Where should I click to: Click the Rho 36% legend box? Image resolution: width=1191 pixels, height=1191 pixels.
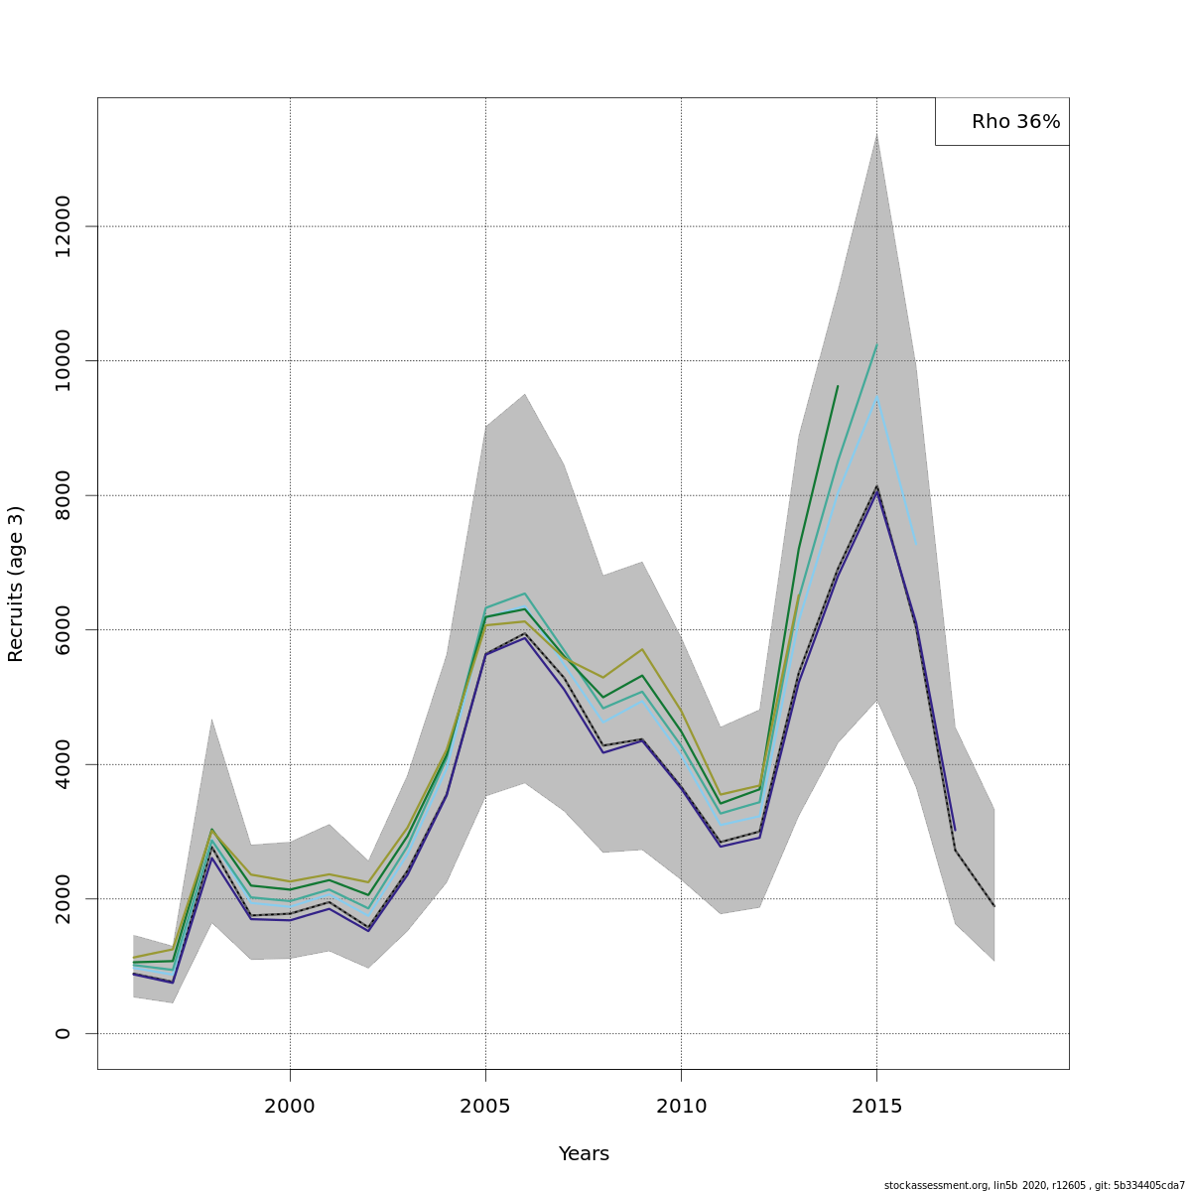1002,121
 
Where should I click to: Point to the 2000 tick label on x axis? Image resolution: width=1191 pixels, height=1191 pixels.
290,1106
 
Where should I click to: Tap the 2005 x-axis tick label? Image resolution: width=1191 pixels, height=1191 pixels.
485,1106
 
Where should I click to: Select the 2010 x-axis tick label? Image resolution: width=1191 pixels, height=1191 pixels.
681,1106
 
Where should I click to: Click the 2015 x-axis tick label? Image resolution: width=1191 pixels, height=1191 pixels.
876,1106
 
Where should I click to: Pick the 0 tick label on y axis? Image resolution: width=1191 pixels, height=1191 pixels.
64,1033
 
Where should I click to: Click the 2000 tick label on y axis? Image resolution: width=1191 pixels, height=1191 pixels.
64,898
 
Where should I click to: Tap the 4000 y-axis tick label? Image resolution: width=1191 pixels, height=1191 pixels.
64,764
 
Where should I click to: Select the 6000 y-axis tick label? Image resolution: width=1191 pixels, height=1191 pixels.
64,629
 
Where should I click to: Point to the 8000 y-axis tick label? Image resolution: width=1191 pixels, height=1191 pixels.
64,495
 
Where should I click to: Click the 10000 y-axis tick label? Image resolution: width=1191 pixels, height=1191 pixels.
64,360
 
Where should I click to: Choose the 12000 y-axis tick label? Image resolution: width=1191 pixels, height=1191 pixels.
64,226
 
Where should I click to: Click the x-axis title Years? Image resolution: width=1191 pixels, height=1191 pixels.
584,1154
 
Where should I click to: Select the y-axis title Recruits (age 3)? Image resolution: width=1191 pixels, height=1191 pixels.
16,584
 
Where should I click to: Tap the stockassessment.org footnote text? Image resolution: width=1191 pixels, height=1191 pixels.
1034,1185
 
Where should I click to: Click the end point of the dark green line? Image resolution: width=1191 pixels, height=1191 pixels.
838,386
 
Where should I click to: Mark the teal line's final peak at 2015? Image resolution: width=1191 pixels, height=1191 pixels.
876,344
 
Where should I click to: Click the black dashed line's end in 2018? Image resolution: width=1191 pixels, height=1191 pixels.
993,905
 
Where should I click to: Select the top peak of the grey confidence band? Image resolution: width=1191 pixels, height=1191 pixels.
876,133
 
